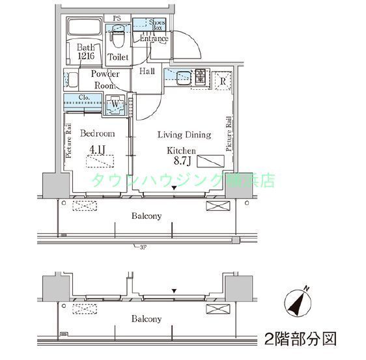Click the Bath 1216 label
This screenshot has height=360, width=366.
point(87,51)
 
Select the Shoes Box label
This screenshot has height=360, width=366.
point(158,25)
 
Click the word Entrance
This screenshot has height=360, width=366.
point(154,39)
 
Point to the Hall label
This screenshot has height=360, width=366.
point(147,72)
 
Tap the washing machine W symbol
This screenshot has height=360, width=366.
point(115,103)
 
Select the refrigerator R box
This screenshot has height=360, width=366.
point(222,81)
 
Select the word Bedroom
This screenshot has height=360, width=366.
point(97,133)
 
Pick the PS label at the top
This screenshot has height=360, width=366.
point(117,18)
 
